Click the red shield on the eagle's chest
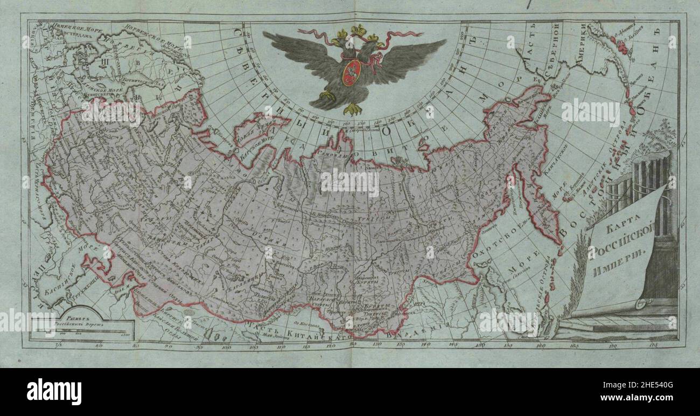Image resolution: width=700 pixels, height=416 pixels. (x=352, y=72)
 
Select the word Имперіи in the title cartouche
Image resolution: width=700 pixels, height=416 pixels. (x=621, y=269)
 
